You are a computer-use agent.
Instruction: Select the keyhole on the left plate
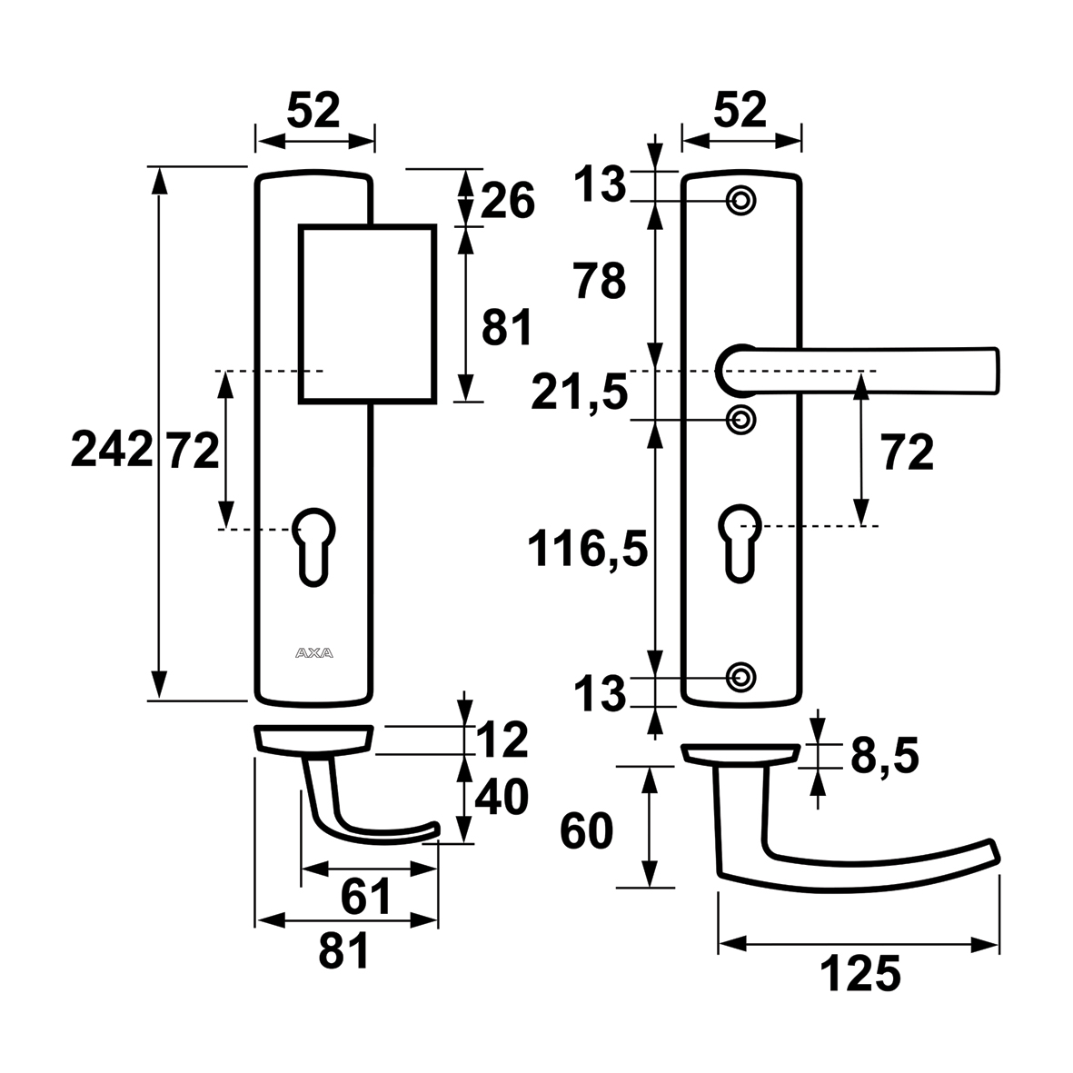(314, 545)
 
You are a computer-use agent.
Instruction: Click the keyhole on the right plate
(741, 542)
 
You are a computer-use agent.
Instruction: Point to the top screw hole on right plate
(741, 200)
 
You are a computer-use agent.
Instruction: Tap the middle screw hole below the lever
(741, 419)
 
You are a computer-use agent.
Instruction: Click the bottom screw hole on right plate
(741, 675)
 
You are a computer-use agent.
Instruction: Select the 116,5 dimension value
(589, 550)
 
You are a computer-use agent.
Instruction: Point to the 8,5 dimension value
(884, 756)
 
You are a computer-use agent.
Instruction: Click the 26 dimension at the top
(507, 201)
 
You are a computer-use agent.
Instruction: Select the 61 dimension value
(366, 898)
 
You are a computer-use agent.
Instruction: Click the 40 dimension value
(501, 797)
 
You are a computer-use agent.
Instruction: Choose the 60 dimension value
(587, 830)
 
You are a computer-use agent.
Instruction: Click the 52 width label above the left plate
(313, 112)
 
